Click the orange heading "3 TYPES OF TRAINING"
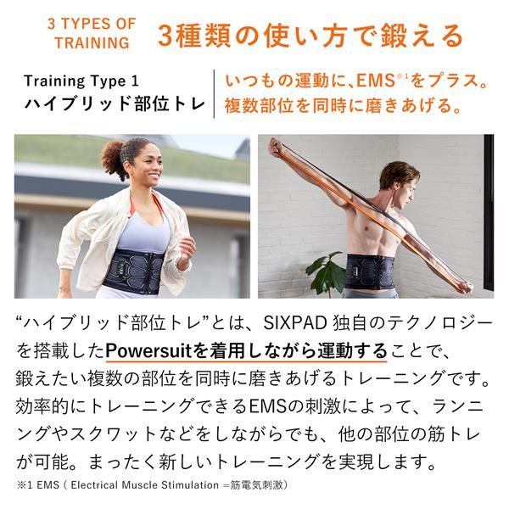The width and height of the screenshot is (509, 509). [92, 33]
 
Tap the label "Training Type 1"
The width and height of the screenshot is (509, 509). [81, 81]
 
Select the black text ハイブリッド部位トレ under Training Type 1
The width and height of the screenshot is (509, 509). [115, 103]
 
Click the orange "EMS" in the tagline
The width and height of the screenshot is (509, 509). [376, 81]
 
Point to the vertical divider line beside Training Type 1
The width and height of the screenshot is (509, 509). [214, 94]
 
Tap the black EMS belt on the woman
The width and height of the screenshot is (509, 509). [133, 271]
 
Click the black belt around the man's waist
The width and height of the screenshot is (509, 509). [368, 272]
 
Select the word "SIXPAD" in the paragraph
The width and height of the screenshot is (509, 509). [290, 323]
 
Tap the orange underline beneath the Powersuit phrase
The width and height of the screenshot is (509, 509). [246, 361]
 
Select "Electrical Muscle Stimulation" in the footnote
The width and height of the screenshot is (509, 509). [145, 485]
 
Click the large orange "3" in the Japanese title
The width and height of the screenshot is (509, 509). [165, 36]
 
